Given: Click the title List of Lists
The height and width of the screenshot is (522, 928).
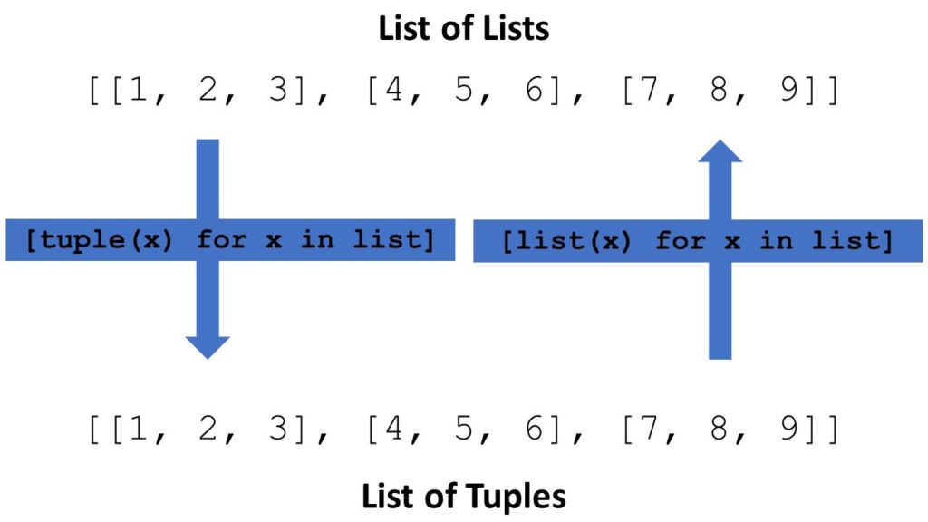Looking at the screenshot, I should point(463,28).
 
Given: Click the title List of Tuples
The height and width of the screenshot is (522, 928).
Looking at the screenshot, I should point(463,496).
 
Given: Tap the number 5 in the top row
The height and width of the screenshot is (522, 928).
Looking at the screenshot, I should point(464,92).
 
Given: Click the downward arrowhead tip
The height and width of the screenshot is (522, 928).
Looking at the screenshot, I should point(208,356).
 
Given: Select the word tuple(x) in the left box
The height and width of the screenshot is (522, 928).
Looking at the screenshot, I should point(100,241).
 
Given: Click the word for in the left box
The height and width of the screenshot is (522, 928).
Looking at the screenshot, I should point(221,241).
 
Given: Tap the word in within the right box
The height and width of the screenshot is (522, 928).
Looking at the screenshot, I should point(776,241).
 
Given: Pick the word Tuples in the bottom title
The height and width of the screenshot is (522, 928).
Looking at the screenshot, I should point(516,496).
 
